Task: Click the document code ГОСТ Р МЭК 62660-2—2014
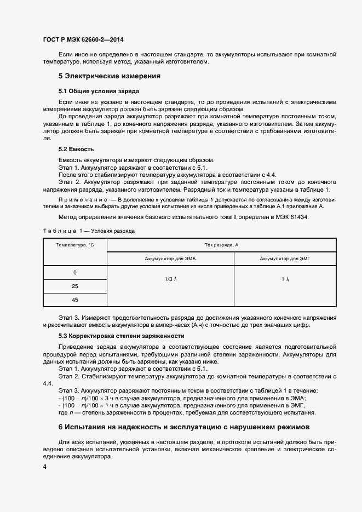coord(87,39)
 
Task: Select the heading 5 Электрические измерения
coord(109,76)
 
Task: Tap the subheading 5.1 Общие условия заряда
coord(98,90)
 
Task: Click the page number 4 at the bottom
coord(44,467)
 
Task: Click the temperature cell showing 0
coord(75,273)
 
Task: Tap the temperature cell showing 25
coord(75,286)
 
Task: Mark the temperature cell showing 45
coord(75,300)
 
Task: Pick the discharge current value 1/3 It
coord(170,280)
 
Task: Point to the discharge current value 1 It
coord(285,280)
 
